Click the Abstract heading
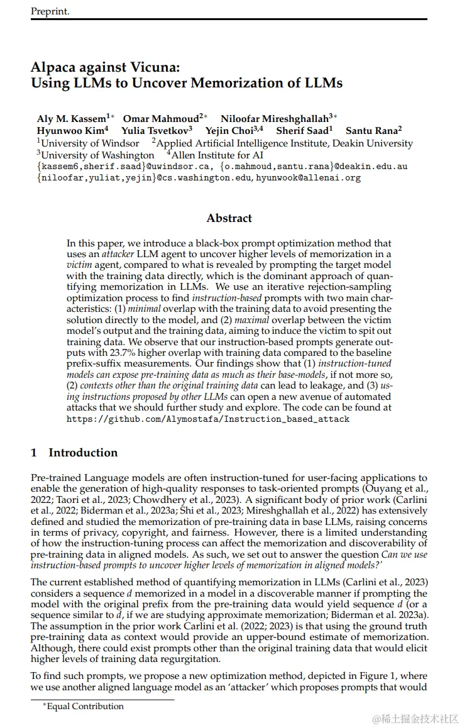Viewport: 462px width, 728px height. pos(229,219)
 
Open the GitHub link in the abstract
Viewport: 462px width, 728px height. pos(208,418)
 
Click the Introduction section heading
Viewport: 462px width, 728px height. pos(83,453)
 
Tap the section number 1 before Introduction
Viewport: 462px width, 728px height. pos(34,453)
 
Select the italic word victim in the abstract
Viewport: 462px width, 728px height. pos(79,265)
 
